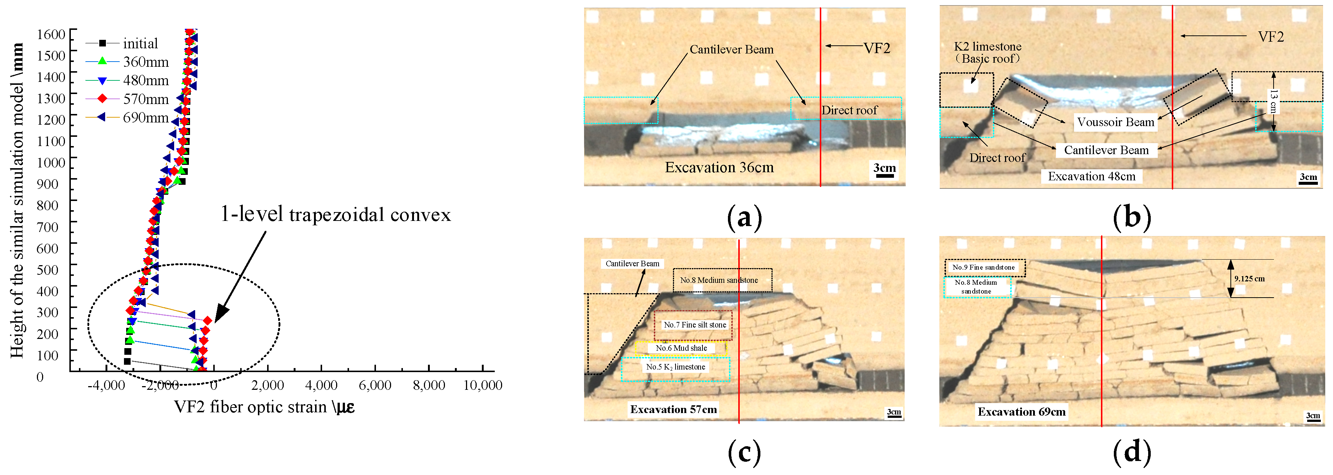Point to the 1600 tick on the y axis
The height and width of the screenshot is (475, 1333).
(51, 34)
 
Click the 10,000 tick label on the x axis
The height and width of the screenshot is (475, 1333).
(482, 385)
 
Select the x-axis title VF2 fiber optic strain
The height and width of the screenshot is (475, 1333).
(264, 407)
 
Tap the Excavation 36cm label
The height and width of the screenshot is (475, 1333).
(719, 168)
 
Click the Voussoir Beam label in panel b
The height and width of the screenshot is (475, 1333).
(1116, 122)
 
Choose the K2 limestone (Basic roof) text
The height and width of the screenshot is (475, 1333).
(988, 52)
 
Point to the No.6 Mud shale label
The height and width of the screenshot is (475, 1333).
(681, 348)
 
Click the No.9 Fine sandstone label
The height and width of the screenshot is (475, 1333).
(983, 267)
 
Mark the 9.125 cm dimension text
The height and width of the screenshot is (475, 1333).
(1249, 279)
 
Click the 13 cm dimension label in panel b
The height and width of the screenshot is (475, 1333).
(1274, 101)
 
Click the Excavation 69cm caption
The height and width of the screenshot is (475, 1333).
(1022, 412)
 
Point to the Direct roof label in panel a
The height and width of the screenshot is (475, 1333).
(849, 110)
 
